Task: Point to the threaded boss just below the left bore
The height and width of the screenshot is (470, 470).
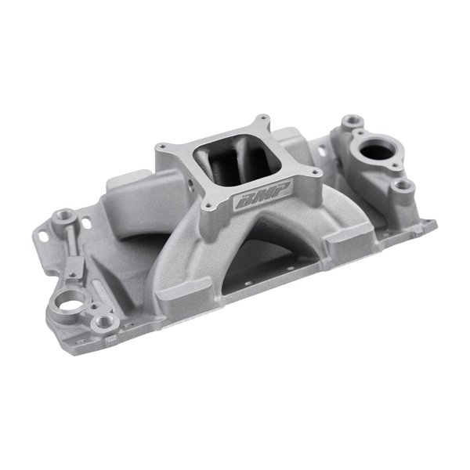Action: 100,322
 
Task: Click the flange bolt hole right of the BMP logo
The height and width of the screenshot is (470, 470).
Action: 316,174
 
